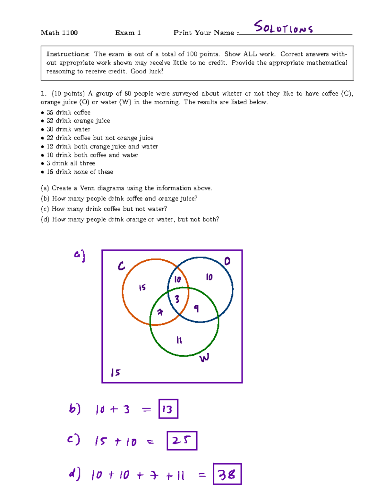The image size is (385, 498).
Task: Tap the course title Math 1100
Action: pyautogui.click(x=59, y=33)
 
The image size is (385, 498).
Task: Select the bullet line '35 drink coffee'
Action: pyautogui.click(x=68, y=112)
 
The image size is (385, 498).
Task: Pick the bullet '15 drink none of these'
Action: pyautogui.click(x=80, y=172)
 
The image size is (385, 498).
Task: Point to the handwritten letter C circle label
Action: pyautogui.click(x=121, y=266)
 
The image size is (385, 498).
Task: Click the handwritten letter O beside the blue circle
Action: pyautogui.click(x=227, y=261)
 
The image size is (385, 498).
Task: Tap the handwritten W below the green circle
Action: pyautogui.click(x=204, y=358)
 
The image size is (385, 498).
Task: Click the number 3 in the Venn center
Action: pyautogui.click(x=177, y=299)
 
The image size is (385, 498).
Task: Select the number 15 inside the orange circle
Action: pyautogui.click(x=142, y=287)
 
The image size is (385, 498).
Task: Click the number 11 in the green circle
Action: pyautogui.click(x=179, y=340)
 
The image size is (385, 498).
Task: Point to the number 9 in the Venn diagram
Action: pyautogui.click(x=196, y=308)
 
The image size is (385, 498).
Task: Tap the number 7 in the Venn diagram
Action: pyautogui.click(x=160, y=312)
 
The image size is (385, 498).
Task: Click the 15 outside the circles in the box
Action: pyautogui.click(x=116, y=372)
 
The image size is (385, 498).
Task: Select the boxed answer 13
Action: pyautogui.click(x=168, y=409)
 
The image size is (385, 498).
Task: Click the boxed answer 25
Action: pyautogui.click(x=182, y=441)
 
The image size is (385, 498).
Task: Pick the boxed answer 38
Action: pyautogui.click(x=227, y=474)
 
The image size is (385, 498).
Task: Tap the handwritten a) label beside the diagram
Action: pyautogui.click(x=79, y=256)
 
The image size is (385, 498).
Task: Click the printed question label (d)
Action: pyautogui.click(x=45, y=219)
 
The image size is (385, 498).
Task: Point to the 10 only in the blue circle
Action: pyautogui.click(x=209, y=277)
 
